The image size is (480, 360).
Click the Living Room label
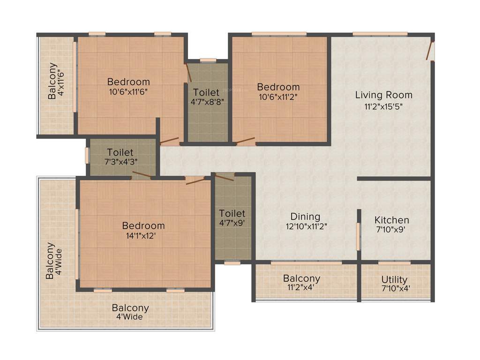tap(383, 95)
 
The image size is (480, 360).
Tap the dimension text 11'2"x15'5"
tap(383, 106)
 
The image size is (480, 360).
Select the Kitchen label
tap(391, 220)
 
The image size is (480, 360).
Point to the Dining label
tap(305, 217)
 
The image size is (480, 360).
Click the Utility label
tap(394, 280)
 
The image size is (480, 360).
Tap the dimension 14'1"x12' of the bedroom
tap(143, 236)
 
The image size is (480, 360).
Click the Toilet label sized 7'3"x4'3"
tap(120, 152)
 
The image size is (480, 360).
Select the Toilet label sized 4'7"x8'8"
tap(206, 91)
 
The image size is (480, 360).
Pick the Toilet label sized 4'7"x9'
tap(232, 213)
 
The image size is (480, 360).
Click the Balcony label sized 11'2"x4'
tap(301, 278)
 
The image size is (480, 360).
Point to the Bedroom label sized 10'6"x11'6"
tap(128, 82)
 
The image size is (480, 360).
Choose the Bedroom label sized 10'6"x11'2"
tap(278, 87)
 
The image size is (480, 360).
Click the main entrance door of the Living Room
tap(429, 51)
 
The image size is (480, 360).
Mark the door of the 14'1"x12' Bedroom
tap(196, 180)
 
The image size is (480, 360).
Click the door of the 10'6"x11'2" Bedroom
tap(245, 140)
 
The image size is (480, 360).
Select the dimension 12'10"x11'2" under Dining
tap(305, 226)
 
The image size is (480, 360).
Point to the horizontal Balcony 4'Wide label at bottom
tap(130, 308)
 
